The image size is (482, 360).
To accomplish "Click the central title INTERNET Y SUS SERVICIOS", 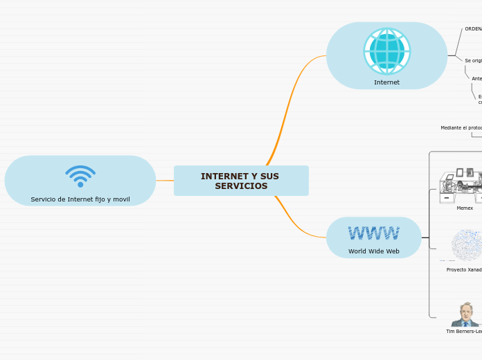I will point(240,181).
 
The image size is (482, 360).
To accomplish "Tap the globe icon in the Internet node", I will point(386,51).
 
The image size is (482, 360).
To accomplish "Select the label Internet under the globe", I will point(386,82).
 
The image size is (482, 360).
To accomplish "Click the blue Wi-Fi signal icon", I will point(80,176).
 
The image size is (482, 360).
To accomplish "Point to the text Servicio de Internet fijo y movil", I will point(80,199).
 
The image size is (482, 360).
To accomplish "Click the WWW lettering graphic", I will point(373,233).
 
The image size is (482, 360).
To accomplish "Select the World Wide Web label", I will point(373,251).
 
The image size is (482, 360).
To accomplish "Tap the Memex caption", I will point(465,208).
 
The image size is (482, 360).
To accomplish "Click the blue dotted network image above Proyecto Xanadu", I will point(467,246).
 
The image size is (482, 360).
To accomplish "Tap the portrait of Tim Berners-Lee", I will point(465,314).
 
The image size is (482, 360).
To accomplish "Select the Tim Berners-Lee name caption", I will point(464,332).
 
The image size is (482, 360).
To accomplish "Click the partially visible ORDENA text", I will point(473,29).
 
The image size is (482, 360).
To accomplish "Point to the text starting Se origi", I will point(473,60).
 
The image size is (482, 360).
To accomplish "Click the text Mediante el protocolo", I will point(461,127).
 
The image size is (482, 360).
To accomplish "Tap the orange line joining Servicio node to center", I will point(165,181).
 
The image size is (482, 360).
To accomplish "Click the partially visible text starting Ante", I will point(476,78).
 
